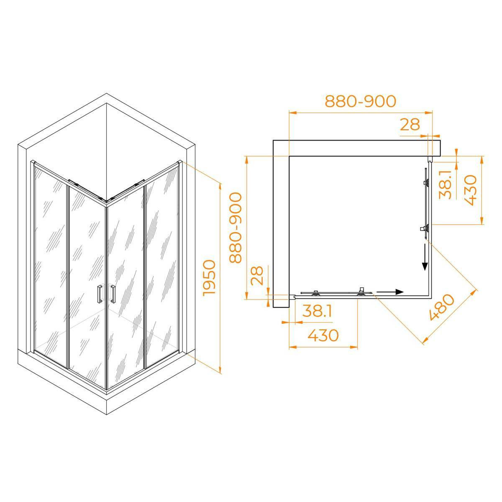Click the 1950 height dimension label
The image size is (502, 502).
coord(210,277)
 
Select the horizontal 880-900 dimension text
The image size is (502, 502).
coord(361,101)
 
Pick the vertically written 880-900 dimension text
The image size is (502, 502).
coord(236,228)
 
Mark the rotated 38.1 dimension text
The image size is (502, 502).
coord(445,185)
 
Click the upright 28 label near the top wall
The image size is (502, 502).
coord(410,125)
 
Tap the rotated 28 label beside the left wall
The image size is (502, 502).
coord(257,275)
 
